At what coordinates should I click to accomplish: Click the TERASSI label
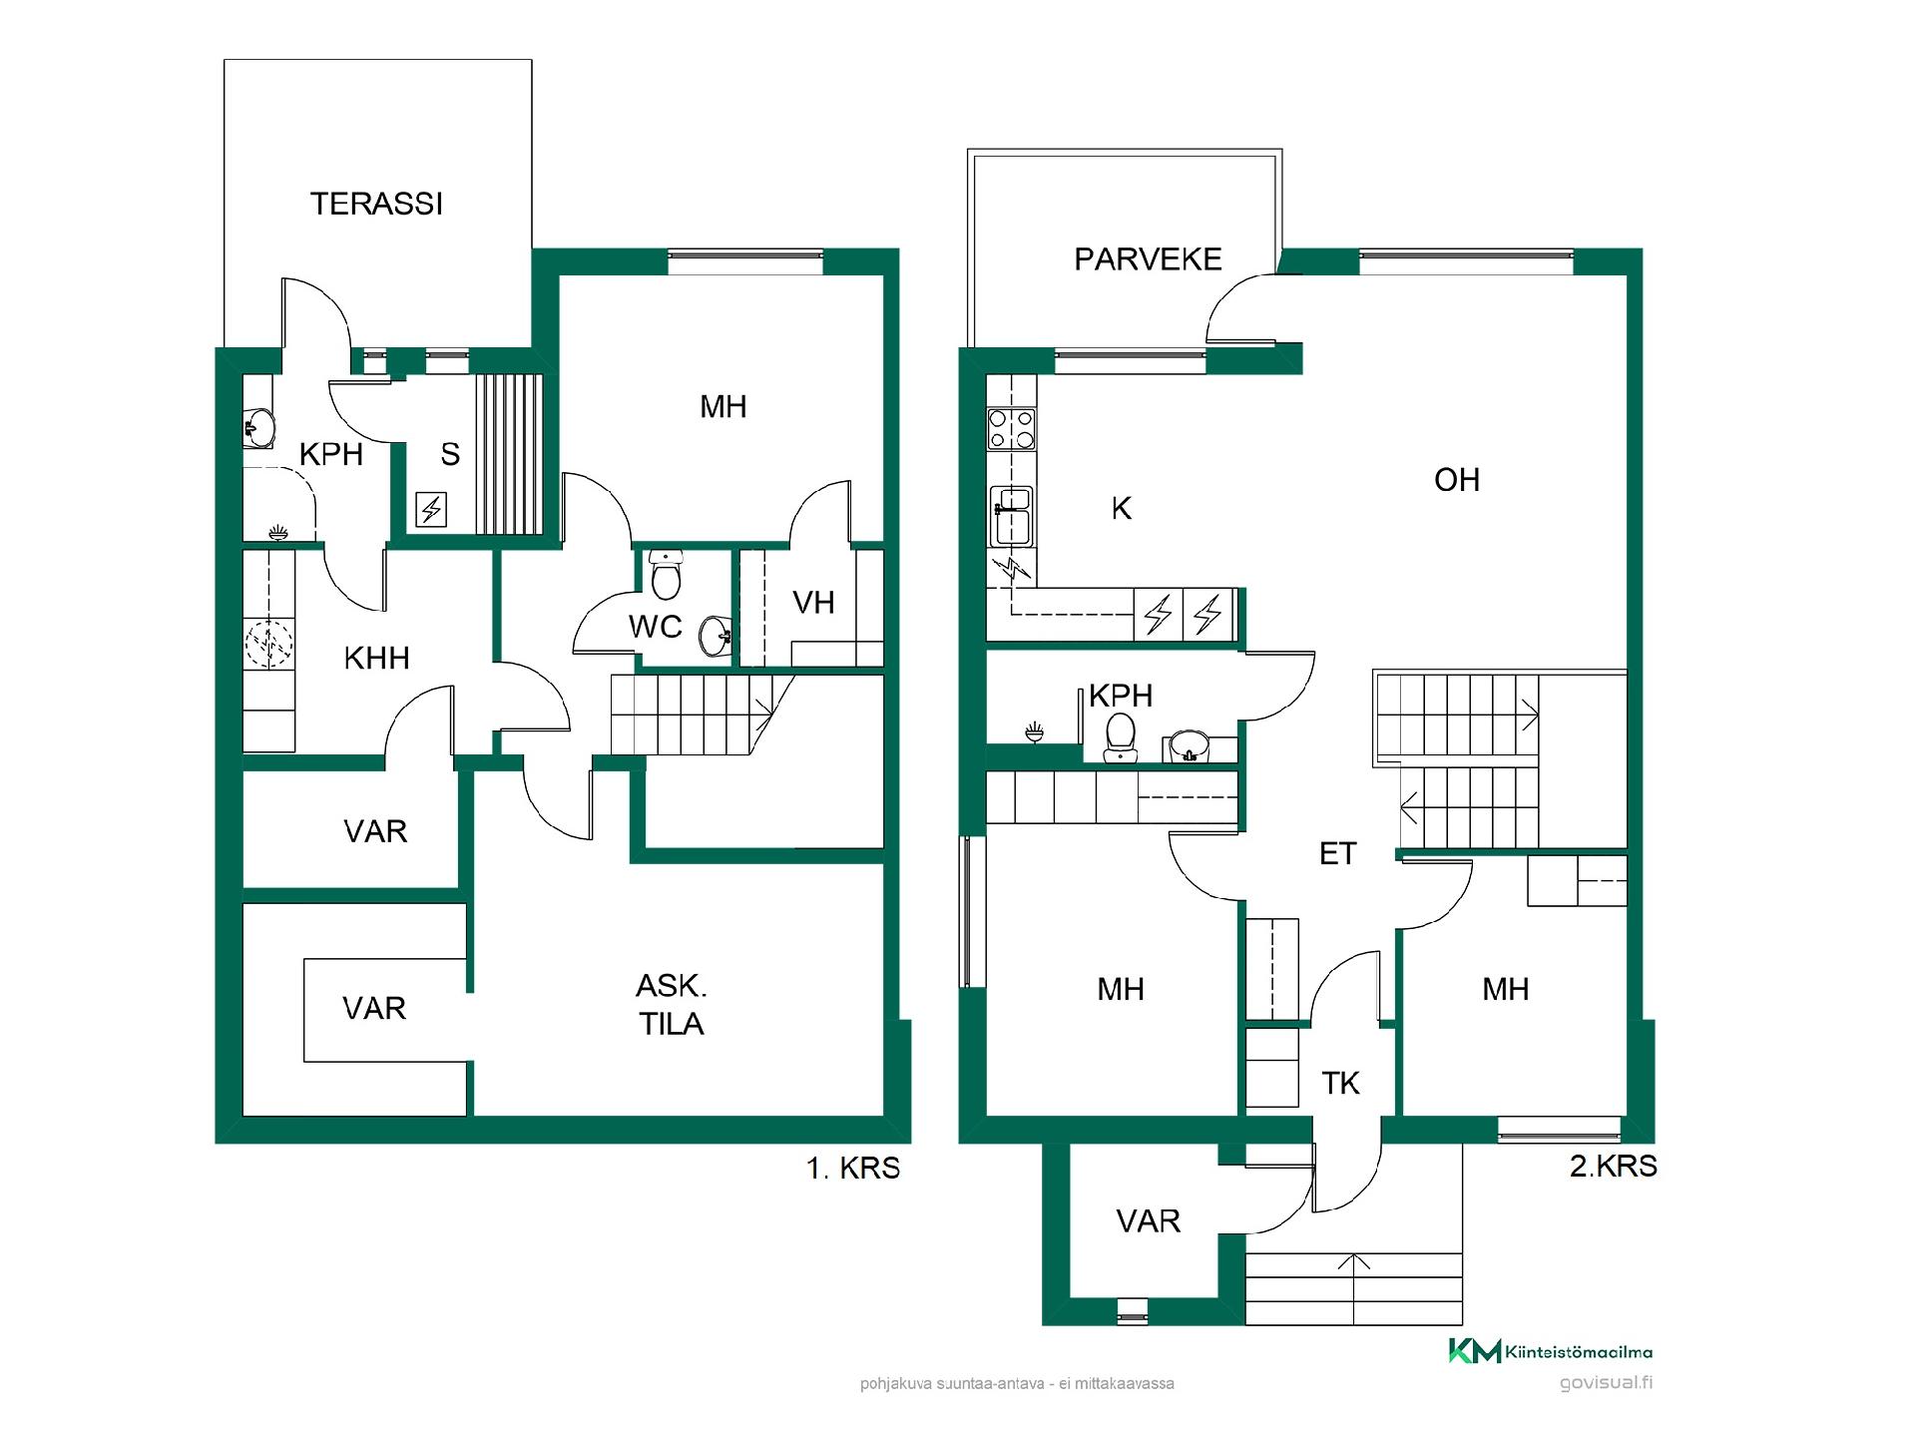376,204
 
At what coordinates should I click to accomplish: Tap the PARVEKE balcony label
1148,259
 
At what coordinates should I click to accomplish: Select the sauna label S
450,455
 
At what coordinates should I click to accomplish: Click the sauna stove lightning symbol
431,511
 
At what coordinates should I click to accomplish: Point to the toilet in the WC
666,573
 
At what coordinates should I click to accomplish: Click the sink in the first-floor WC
716,636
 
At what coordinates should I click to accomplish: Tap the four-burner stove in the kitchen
1011,430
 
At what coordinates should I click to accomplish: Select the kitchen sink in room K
1011,516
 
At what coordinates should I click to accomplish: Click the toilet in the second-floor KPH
1121,736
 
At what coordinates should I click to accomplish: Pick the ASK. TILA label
672,1005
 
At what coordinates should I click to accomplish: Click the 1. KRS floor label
853,1168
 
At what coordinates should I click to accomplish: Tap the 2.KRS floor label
1613,1166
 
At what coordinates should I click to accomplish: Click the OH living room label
1456,480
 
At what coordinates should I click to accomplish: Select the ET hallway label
1337,853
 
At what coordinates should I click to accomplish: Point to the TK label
1340,1083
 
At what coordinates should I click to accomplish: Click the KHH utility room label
376,659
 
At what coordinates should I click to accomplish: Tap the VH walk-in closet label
813,602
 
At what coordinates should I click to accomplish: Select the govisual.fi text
1605,1383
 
